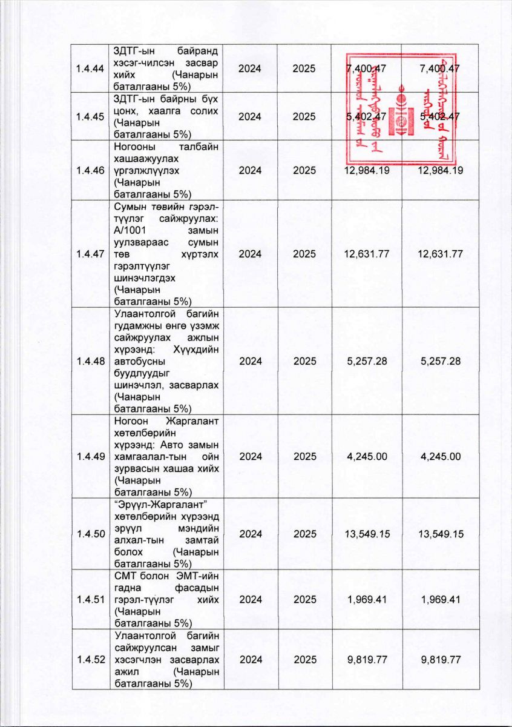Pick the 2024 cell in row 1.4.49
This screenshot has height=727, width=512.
point(250,456)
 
